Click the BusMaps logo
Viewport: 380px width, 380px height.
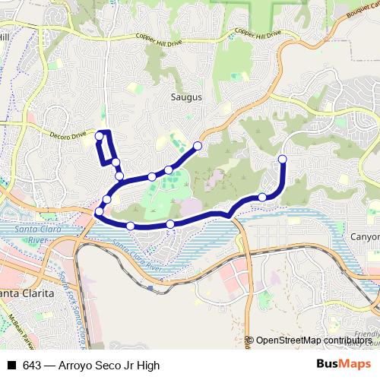click(x=346, y=365)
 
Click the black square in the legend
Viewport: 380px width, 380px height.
click(x=11, y=366)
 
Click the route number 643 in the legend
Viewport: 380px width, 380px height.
click(x=32, y=366)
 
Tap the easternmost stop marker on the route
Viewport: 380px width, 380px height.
click(x=283, y=159)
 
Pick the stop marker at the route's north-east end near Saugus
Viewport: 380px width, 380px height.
click(x=198, y=145)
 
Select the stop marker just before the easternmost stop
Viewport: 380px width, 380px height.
click(x=263, y=197)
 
